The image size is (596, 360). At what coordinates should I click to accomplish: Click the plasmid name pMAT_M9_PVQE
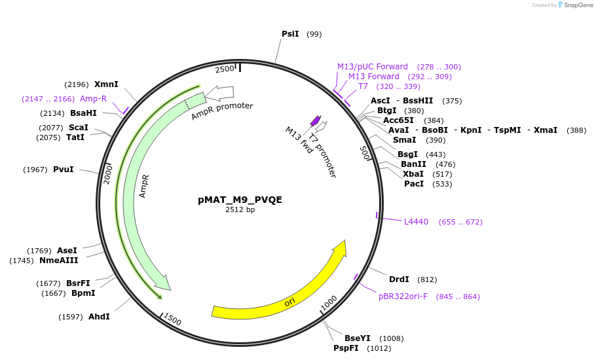click(x=240, y=200)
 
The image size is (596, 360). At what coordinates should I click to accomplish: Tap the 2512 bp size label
click(x=240, y=210)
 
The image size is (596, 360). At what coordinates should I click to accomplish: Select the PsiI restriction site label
click(x=290, y=34)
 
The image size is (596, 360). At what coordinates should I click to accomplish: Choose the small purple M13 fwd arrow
click(x=316, y=121)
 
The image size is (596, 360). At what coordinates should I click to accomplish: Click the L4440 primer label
click(x=416, y=222)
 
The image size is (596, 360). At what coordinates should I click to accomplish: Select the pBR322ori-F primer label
click(x=403, y=297)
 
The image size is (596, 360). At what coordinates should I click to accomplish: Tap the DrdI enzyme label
click(x=399, y=279)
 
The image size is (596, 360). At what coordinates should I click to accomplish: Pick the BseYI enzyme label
click(x=358, y=338)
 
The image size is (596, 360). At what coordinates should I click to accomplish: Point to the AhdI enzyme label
click(x=99, y=317)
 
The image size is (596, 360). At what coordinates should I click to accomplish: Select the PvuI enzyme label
click(x=64, y=170)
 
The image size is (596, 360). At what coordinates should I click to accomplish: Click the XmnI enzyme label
click(x=106, y=84)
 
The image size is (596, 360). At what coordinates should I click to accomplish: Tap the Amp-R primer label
click(x=93, y=99)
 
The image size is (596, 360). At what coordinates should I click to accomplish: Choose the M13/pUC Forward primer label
click(x=372, y=67)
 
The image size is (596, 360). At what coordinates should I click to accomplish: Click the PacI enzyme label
click(x=414, y=184)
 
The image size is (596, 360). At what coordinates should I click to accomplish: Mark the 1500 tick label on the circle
click(x=173, y=319)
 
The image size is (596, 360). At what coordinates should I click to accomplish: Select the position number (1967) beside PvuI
click(x=35, y=170)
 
